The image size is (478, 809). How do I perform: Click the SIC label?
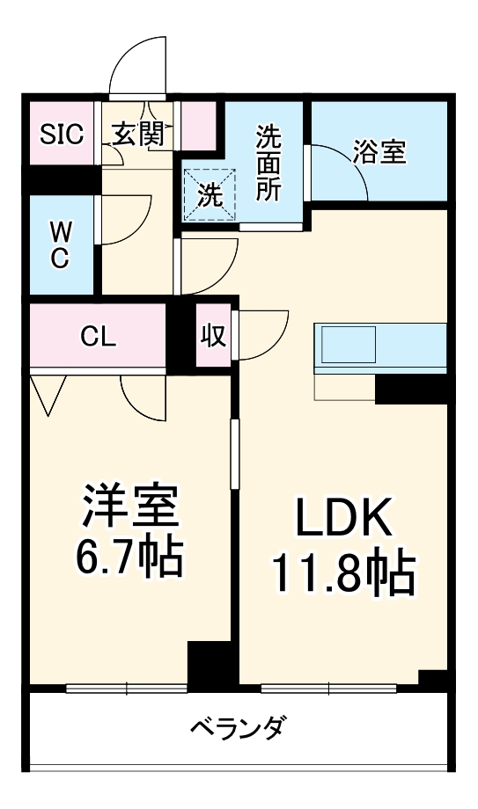61,134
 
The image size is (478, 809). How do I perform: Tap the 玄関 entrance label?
137,134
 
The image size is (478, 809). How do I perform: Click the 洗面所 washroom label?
268,164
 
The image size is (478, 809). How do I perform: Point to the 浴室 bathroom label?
379,152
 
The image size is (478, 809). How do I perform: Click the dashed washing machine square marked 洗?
210,194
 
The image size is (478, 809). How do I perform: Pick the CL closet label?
98,336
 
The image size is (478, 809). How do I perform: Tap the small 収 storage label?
214,336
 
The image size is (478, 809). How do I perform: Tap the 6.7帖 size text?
131,554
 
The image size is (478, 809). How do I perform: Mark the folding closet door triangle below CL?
48,393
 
